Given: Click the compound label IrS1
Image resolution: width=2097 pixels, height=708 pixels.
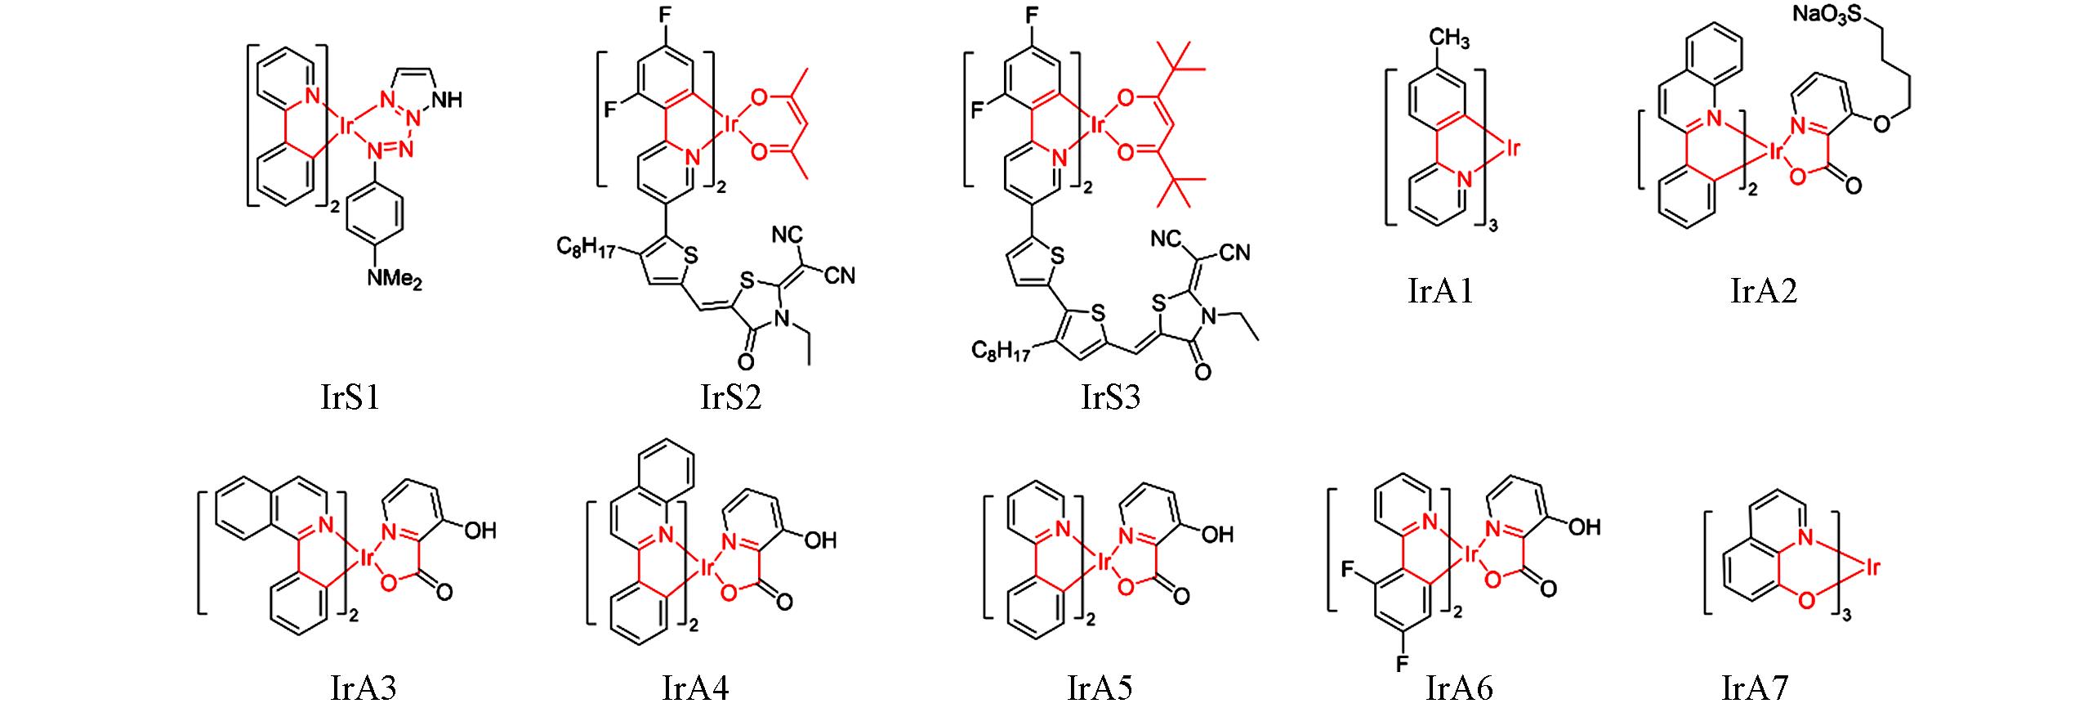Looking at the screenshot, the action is pos(350,397).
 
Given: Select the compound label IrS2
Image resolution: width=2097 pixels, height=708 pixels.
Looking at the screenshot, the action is pos(731,397).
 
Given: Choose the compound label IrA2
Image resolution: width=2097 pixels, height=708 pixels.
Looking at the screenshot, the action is pos(1765,291).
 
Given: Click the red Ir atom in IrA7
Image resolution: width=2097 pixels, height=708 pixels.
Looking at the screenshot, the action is pos(1869,566).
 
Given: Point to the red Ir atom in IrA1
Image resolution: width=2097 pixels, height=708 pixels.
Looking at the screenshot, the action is pos(1511,150).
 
